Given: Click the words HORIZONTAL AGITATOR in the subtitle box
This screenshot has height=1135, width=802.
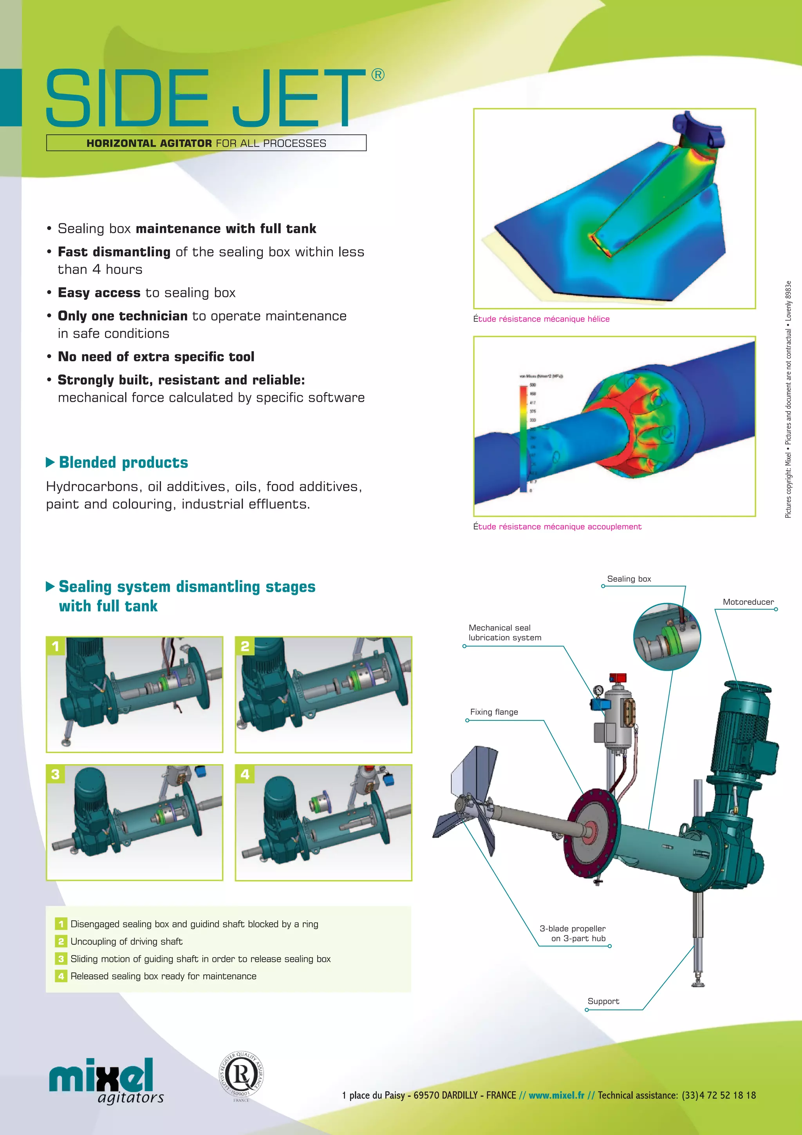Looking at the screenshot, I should tap(149, 143).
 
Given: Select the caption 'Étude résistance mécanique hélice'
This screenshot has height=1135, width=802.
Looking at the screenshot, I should tap(541, 319).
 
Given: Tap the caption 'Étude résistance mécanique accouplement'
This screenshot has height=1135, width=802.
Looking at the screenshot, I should tap(557, 526).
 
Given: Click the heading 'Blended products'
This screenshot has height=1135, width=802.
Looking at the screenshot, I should tap(123, 462).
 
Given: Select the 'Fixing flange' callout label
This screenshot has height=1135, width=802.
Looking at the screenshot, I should tap(494, 712).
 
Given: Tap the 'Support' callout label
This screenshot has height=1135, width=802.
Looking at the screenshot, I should tap(603, 1001).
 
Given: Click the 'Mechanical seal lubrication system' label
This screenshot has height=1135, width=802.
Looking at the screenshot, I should tap(504, 633).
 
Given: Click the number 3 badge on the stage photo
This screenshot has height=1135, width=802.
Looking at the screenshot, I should tap(55, 774).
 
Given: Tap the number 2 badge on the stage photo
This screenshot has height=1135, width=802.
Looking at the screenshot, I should tap(244, 646).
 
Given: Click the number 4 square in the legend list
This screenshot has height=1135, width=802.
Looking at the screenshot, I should tap(61, 976).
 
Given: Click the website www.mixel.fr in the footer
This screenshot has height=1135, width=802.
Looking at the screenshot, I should tap(556, 1095).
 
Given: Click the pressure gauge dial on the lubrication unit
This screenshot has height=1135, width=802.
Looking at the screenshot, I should tap(598, 690).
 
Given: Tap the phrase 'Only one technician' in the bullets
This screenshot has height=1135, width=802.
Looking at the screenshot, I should tap(123, 316).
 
